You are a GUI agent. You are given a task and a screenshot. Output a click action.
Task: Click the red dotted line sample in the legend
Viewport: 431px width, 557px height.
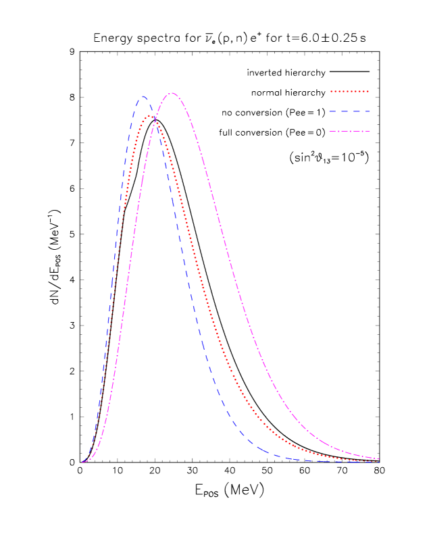point(349,91)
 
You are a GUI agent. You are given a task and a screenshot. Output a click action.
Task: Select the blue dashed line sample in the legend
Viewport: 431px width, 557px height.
point(349,111)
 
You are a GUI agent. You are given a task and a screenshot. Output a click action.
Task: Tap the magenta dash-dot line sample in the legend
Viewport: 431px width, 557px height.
point(349,131)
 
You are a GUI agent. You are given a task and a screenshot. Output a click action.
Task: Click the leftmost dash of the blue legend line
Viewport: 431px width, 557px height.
point(333,111)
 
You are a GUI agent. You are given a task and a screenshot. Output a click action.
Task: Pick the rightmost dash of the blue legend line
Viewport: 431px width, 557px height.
point(366,111)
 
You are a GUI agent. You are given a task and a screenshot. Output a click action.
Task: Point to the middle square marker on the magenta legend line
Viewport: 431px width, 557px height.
point(350,131)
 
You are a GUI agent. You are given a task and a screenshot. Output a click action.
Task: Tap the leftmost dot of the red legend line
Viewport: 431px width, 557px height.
point(331,91)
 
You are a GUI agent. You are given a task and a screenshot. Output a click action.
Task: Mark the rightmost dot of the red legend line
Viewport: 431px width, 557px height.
point(367,91)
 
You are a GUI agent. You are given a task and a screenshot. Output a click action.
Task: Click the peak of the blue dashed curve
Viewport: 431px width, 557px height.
point(143,97)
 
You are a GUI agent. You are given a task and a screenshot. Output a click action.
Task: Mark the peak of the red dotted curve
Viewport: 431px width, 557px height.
point(149,115)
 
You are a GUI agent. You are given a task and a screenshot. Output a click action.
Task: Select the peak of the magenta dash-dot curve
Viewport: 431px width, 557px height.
point(172,93)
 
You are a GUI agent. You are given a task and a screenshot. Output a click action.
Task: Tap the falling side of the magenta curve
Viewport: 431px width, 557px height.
point(243,304)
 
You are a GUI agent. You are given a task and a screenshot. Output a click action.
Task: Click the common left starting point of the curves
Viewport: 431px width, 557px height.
point(84,462)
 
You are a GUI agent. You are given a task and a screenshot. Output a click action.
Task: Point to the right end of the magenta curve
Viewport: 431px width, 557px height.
point(379,459)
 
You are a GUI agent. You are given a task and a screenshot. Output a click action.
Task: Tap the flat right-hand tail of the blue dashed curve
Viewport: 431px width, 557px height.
point(324,461)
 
